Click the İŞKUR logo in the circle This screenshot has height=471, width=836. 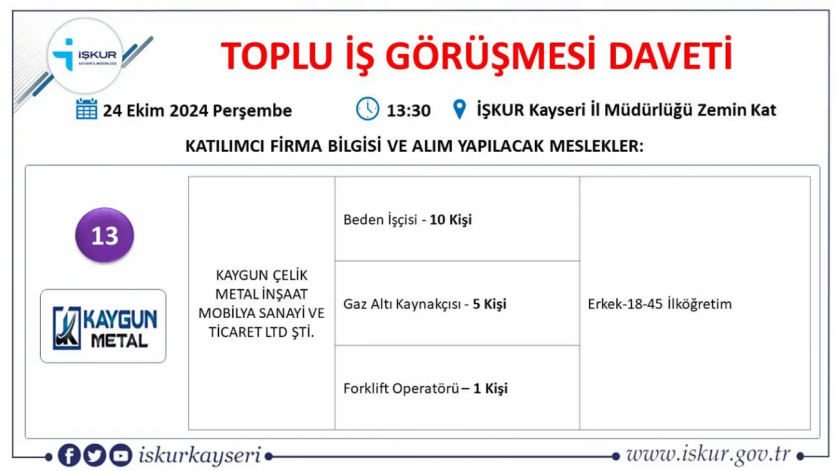pyautogui.click(x=85, y=56)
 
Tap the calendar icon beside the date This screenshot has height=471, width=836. pyautogui.click(x=86, y=109)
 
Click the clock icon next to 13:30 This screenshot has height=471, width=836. pyautogui.click(x=367, y=109)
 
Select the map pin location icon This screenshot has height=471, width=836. pyautogui.click(x=460, y=109)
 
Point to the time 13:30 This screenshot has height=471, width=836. pyautogui.click(x=409, y=110)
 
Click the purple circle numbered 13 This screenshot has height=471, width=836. pyautogui.click(x=104, y=235)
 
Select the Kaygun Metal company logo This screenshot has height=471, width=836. pyautogui.click(x=103, y=326)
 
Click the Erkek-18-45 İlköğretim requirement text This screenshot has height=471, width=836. pyautogui.click(x=660, y=304)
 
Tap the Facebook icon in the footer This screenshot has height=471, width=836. pyautogui.click(x=69, y=455)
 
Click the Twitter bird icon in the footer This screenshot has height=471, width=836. pyautogui.click(x=94, y=455)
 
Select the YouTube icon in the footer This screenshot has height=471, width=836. pyautogui.click(x=120, y=455)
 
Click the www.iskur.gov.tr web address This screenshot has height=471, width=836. pyautogui.click(x=708, y=454)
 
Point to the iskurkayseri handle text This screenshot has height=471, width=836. pyautogui.click(x=199, y=455)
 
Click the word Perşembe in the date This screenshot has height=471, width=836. pyautogui.click(x=252, y=111)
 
